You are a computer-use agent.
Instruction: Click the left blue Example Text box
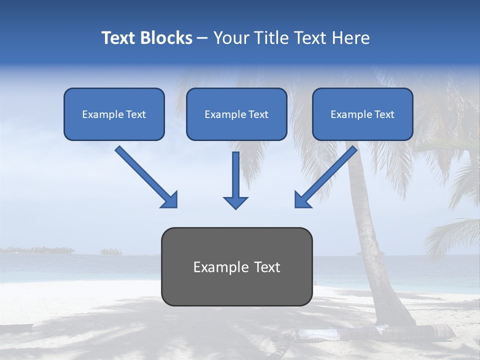114,114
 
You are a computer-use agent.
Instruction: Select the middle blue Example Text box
236,114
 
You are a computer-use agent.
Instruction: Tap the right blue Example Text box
362,114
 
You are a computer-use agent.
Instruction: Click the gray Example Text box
236,266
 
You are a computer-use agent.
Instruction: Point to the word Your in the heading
230,38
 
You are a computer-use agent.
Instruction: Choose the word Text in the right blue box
384,114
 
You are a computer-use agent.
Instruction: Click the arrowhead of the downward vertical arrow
236,202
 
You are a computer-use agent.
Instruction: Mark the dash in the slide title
202,38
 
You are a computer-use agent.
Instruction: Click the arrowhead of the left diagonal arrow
169,200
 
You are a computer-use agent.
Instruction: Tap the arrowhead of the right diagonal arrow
302,200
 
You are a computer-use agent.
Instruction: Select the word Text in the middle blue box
258,114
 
